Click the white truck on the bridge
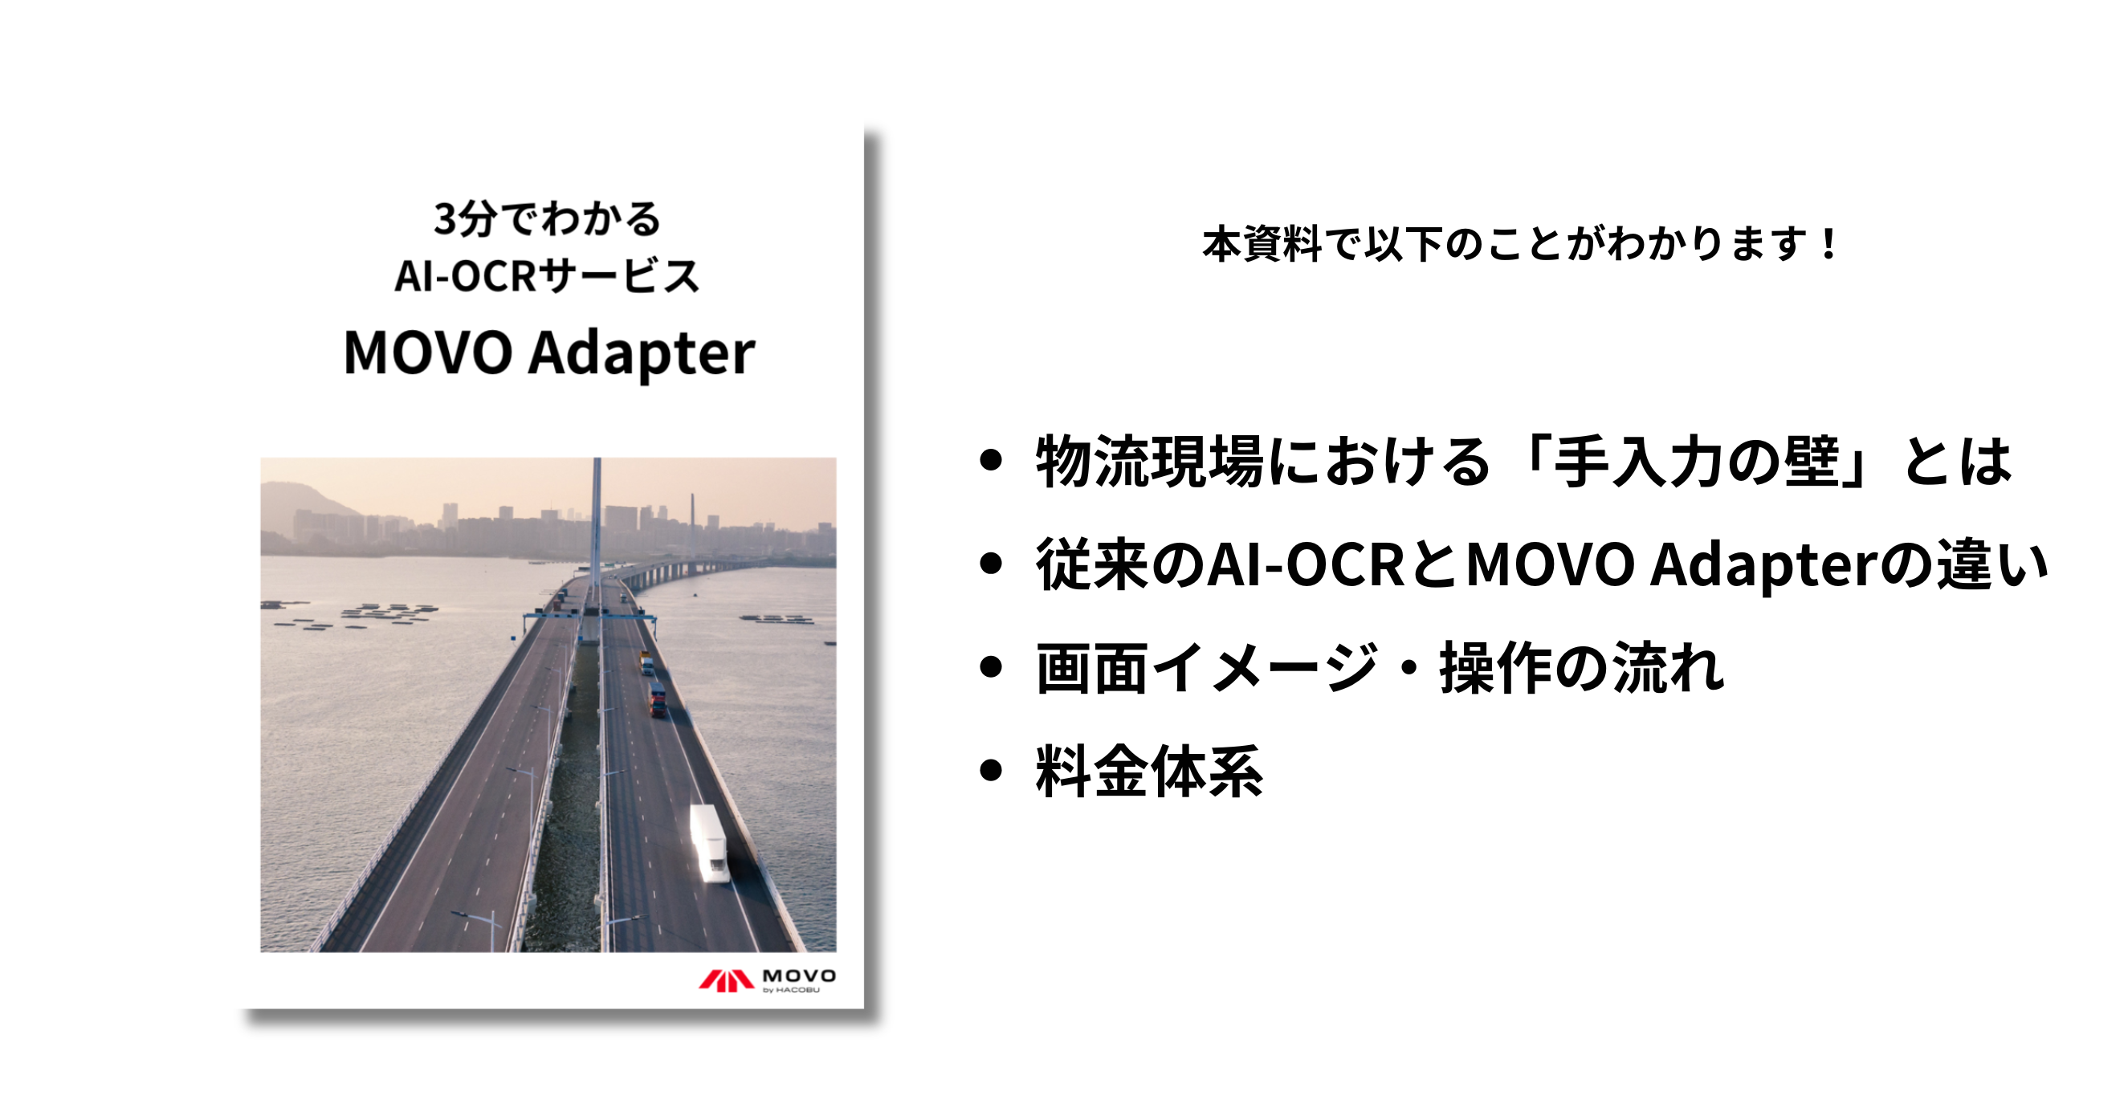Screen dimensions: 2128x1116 click(708, 842)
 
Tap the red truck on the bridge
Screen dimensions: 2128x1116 click(658, 699)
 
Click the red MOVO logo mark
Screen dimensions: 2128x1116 click(726, 980)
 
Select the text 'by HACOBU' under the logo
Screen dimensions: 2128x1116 click(792, 990)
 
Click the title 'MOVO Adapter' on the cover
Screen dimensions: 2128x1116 click(549, 352)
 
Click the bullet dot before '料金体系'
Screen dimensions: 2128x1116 click(990, 770)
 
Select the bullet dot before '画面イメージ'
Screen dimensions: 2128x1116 click(990, 666)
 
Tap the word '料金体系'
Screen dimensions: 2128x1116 click(1149, 771)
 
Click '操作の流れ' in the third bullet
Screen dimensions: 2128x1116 click(1582, 667)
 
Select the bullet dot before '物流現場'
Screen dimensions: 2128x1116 click(990, 460)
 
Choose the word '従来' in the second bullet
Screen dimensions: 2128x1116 click(1092, 565)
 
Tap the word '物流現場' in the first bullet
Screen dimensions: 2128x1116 click(1149, 461)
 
